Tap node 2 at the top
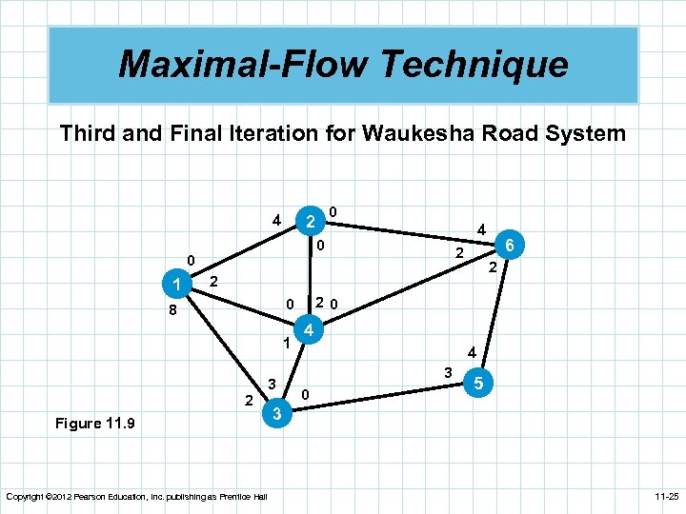[309, 221]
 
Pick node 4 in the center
[309, 332]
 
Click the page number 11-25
[659, 496]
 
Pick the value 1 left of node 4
[285, 343]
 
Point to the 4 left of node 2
[276, 221]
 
